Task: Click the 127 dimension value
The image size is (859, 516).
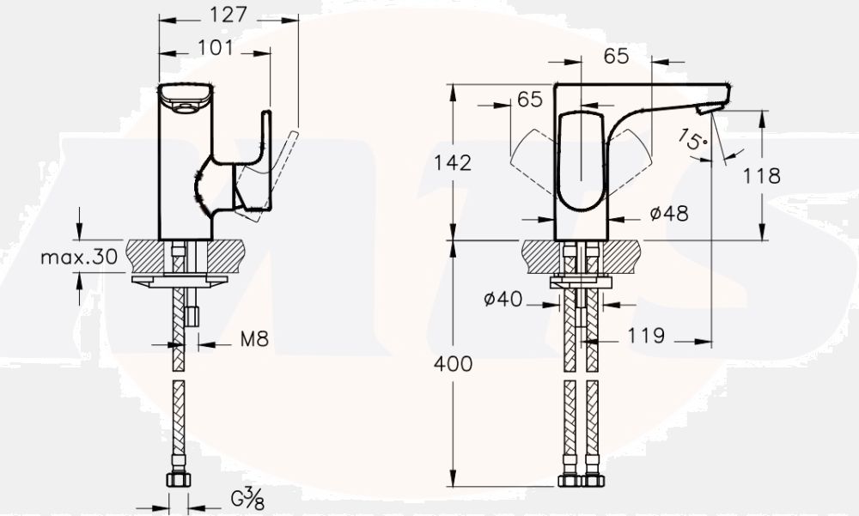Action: coord(229,15)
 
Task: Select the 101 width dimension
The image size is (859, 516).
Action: coord(216,48)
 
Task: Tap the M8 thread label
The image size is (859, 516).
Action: coord(254,340)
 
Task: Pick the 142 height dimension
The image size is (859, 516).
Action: coord(453,162)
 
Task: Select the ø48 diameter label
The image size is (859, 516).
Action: coord(669,214)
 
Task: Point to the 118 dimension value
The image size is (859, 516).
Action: coord(761,176)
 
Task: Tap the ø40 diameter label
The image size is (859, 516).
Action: coord(503,300)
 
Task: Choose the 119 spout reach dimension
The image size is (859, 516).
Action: coord(646,336)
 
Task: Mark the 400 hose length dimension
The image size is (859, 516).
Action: coord(453,363)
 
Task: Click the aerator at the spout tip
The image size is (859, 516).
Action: coord(708,107)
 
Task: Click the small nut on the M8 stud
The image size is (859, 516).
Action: coord(192,316)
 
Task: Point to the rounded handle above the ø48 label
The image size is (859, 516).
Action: coord(582,163)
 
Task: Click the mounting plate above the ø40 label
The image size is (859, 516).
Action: coord(581,281)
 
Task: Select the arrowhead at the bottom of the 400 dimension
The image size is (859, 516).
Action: coord(453,481)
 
